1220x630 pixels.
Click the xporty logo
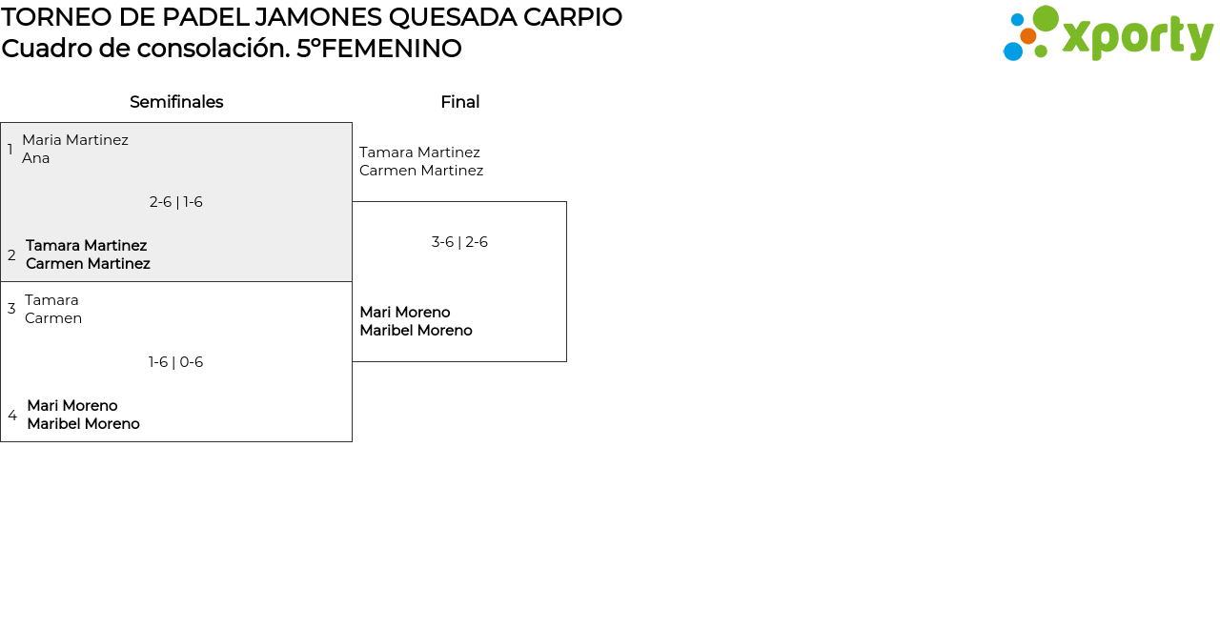coord(1108,34)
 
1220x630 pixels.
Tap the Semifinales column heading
coord(176,102)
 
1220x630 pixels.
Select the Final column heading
coord(459,102)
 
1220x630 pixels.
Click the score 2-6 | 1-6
coord(176,202)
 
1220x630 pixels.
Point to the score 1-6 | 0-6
coord(176,362)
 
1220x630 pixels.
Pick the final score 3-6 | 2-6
coord(459,242)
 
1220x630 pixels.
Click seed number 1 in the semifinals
coord(10,150)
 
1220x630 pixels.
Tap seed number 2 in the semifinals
coord(11,255)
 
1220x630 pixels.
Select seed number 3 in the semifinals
coord(11,309)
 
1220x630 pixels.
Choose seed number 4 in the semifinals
coord(12,416)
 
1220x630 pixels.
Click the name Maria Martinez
coord(75,140)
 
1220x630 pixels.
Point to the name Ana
coord(36,158)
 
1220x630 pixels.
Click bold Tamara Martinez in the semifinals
coord(87,246)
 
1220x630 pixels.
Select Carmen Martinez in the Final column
coord(421,171)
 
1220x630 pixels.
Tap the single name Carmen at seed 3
coord(53,318)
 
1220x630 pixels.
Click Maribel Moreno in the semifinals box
coord(83,424)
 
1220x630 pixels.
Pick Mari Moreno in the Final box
coord(405,313)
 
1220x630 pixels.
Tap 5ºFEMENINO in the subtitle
coord(379,49)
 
